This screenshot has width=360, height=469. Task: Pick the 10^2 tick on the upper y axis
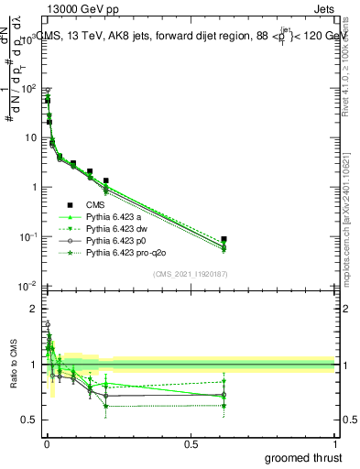(27, 89)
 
